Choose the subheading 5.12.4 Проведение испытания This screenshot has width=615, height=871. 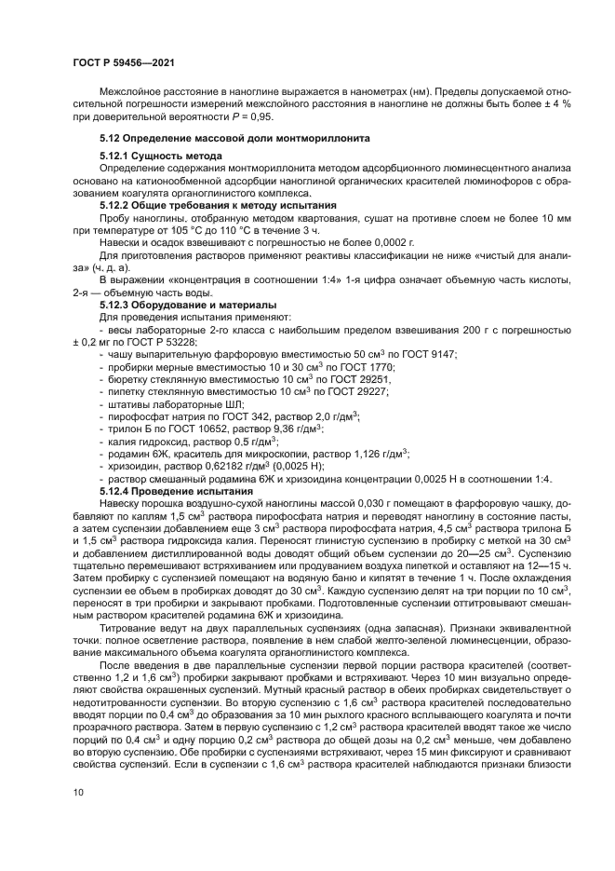click(176, 490)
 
